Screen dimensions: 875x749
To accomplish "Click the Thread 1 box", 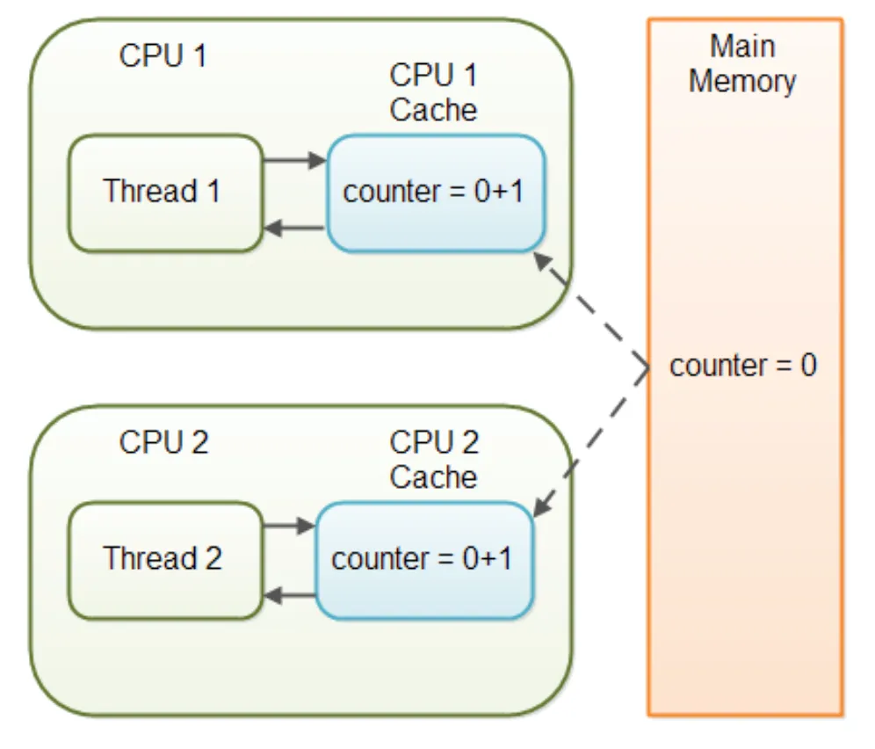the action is point(165,193).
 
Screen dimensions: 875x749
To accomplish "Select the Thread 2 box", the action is point(165,560).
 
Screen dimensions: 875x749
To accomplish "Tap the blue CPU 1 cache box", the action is point(436,193).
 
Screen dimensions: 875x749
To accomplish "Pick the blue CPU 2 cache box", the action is point(424,560).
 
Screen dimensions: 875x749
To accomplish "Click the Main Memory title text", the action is point(742,63).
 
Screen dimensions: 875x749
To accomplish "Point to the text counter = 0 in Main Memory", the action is point(743,366).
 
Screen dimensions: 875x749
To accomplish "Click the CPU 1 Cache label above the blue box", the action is point(434,92).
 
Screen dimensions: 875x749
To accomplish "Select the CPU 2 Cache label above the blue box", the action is point(434,459).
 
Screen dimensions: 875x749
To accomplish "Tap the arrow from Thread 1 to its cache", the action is point(294,161).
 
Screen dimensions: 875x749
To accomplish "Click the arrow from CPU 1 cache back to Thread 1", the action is point(294,228).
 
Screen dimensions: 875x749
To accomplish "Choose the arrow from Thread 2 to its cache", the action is point(288,526).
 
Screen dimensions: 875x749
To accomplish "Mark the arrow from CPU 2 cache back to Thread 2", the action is point(288,595).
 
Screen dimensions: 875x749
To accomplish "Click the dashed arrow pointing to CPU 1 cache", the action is point(591,310).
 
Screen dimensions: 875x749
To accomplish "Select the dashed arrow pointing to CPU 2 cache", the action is point(590,441).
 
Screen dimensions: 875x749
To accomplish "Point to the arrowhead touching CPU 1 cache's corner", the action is point(543,261).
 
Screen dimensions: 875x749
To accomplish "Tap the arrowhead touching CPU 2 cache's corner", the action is point(541,506).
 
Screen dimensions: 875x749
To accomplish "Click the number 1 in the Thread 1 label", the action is point(213,191).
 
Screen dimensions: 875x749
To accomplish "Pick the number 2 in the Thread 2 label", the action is point(213,558).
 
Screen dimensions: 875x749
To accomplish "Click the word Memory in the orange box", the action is point(742,82).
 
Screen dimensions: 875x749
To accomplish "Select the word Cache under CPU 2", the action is point(434,477).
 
